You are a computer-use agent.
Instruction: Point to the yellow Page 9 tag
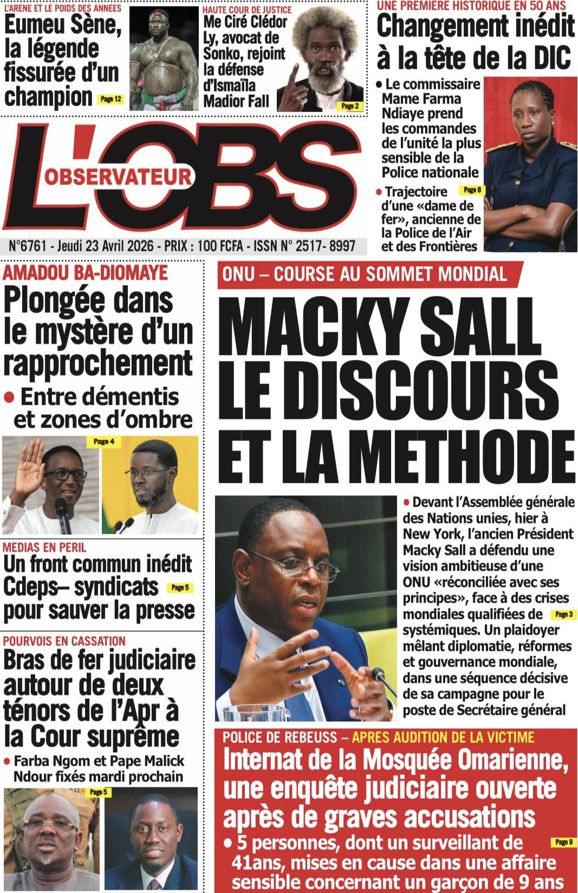click(563, 842)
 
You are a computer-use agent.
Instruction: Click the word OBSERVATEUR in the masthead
click(118, 177)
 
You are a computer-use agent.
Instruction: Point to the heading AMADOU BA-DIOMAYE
click(86, 273)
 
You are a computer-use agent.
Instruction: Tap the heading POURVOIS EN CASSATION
click(64, 641)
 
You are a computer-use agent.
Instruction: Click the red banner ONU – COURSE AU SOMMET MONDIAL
click(364, 274)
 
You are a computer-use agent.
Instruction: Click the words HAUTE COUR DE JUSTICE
click(247, 10)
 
